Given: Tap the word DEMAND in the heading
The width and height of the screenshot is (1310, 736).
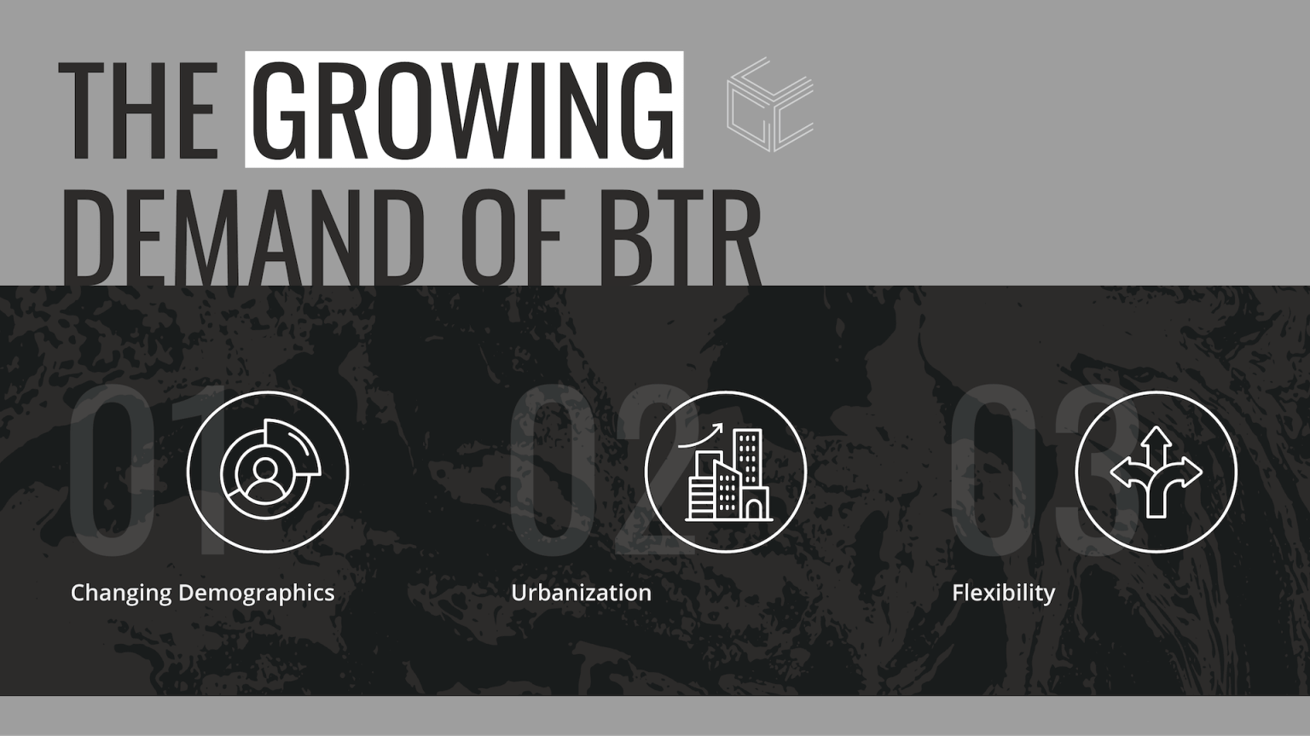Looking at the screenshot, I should (x=242, y=235).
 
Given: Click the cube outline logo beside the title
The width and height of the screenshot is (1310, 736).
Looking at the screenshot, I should (x=769, y=105).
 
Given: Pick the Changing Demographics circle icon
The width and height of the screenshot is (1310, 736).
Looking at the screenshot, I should (x=268, y=472).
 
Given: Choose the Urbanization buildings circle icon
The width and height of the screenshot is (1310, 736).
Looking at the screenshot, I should (x=726, y=472).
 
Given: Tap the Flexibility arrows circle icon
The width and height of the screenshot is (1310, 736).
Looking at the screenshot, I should (x=1156, y=472).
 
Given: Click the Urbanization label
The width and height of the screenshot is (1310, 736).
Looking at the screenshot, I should (x=581, y=593).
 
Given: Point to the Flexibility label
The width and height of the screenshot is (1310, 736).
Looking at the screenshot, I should (x=1003, y=593).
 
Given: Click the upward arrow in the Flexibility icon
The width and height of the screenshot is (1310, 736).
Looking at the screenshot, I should (x=1156, y=439).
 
